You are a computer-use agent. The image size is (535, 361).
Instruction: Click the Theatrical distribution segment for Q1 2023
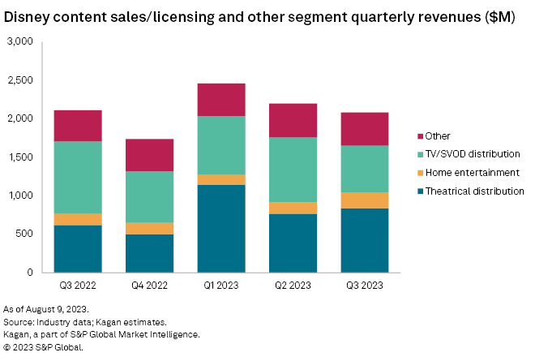(x=221, y=229)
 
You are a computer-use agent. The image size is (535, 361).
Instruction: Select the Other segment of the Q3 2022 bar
(x=78, y=126)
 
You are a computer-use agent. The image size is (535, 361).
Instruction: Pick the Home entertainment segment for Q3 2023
(x=365, y=200)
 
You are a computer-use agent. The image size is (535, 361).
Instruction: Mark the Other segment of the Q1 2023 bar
(x=221, y=99)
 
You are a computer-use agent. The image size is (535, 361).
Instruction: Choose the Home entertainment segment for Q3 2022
(x=78, y=219)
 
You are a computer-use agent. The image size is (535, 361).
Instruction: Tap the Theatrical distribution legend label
(x=475, y=191)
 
